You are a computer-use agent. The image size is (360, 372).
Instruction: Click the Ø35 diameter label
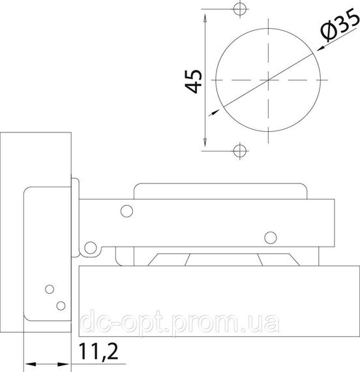tap(340, 24)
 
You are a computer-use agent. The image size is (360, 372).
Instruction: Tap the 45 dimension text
tap(194, 82)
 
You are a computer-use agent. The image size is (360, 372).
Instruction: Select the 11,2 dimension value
tap(98, 351)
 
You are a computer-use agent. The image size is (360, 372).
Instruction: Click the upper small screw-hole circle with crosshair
tap(240, 9)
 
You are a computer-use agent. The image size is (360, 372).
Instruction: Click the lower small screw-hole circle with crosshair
tap(240, 151)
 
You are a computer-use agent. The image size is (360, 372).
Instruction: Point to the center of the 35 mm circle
tap(268, 80)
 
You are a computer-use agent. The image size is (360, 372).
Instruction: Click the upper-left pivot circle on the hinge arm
tap(127, 211)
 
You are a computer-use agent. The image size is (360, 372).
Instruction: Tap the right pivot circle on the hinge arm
tap(271, 238)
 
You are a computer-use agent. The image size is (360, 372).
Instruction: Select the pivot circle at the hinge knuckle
tap(91, 248)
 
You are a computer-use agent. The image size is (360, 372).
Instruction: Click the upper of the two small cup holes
tap(50, 289)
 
